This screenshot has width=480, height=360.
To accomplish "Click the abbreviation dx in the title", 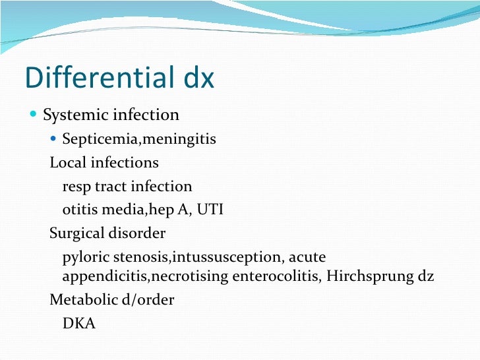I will (196, 78).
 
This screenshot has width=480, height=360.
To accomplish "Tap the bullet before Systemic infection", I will (34, 115).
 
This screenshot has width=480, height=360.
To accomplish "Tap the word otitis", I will (80, 210).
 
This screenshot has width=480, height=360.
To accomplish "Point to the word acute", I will (308, 257).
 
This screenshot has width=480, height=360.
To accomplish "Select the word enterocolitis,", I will (275, 276).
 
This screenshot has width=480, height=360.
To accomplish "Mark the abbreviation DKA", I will (79, 324).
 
